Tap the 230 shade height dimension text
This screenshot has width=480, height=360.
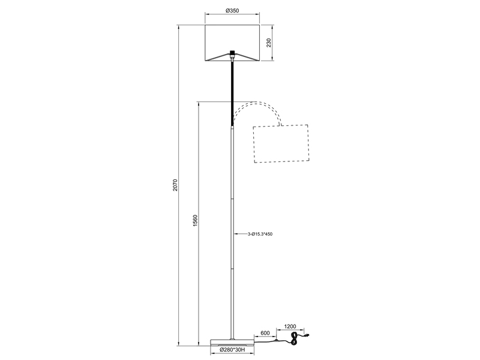[x=269, y=43]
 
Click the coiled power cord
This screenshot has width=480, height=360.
[x=295, y=341]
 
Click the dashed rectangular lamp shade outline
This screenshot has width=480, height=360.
[x=281, y=144]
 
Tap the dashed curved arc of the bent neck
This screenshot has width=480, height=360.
[x=257, y=107]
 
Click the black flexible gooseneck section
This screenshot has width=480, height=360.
[x=232, y=90]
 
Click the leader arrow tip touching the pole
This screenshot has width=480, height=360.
[x=234, y=234]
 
